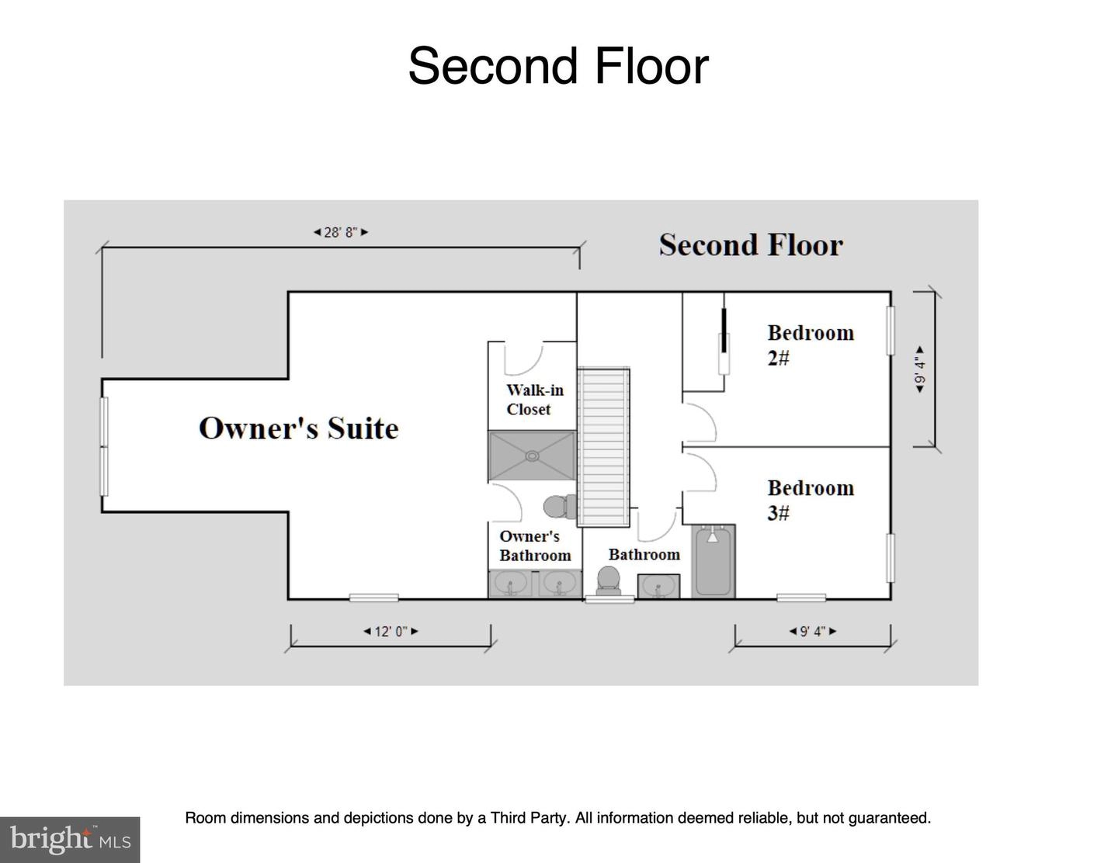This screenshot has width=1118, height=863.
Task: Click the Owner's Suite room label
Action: [298, 428]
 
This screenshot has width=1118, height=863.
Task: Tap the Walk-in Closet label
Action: [535, 400]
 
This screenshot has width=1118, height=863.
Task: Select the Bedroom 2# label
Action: [811, 345]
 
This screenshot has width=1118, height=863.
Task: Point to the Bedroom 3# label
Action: [811, 500]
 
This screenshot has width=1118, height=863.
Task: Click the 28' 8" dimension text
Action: [341, 233]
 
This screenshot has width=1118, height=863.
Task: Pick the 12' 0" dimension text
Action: [391, 631]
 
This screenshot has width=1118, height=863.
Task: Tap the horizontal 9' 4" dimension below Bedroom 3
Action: [813, 631]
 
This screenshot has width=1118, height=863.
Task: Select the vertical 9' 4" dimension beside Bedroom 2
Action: [920, 369]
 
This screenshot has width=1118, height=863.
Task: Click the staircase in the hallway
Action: [603, 448]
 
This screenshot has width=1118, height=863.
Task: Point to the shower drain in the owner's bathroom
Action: [532, 456]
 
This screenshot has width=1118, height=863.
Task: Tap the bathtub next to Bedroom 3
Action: [713, 561]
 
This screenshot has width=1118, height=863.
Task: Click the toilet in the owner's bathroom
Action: [561, 507]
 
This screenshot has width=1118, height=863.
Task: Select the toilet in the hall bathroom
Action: [608, 581]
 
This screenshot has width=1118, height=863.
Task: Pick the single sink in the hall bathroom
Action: [658, 587]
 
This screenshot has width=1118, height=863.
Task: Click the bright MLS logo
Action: [70, 840]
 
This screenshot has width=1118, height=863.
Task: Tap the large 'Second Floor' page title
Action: [558, 66]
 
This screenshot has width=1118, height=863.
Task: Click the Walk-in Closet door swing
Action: [524, 359]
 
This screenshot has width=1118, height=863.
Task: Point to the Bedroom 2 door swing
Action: [700, 423]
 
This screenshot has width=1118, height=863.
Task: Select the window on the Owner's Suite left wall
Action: [104, 446]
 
